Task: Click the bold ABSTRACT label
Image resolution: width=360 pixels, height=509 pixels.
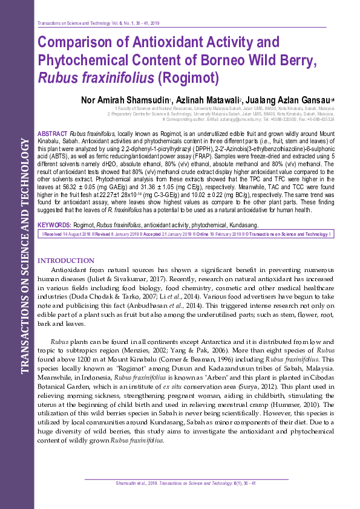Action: pyautogui.click(x=53, y=132)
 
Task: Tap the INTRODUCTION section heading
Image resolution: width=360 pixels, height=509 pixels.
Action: pyautogui.click(x=74, y=260)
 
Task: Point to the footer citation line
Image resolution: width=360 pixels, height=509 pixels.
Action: pyautogui.click(x=186, y=484)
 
